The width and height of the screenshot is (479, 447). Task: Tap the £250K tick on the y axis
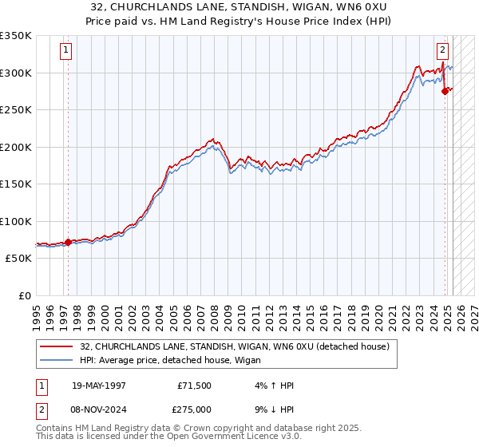tap(15, 110)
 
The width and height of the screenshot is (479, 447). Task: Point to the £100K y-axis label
tap(15, 221)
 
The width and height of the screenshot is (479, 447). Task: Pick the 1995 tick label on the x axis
tap(36, 311)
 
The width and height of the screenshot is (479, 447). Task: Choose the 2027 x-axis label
tap(474, 311)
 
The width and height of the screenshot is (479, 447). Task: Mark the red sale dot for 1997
tap(68, 242)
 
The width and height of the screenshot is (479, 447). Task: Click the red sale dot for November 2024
tap(445, 92)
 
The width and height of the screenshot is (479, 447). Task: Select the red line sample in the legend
tap(57, 346)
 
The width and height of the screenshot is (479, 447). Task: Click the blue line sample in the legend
tap(57, 360)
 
